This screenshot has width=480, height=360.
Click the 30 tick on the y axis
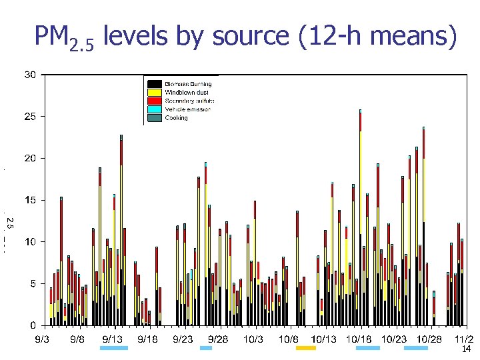pos(31,75)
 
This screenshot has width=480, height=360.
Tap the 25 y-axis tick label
pos(31,117)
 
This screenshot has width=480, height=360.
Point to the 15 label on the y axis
pos(31,200)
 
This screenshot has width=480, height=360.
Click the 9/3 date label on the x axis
pos(41,339)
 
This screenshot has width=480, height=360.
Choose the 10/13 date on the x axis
pos(324,339)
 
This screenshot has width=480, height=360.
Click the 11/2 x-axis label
pos(464,339)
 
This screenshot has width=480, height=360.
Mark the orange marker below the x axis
pos(306,348)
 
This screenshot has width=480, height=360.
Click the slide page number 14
pos(467,349)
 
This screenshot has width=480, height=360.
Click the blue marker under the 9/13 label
pos(113,348)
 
